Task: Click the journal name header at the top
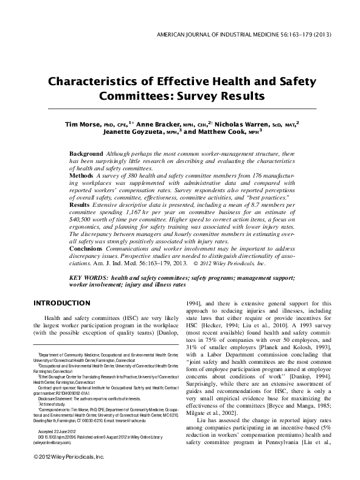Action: [x=244, y=34]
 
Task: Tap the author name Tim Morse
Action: [x=83, y=124]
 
